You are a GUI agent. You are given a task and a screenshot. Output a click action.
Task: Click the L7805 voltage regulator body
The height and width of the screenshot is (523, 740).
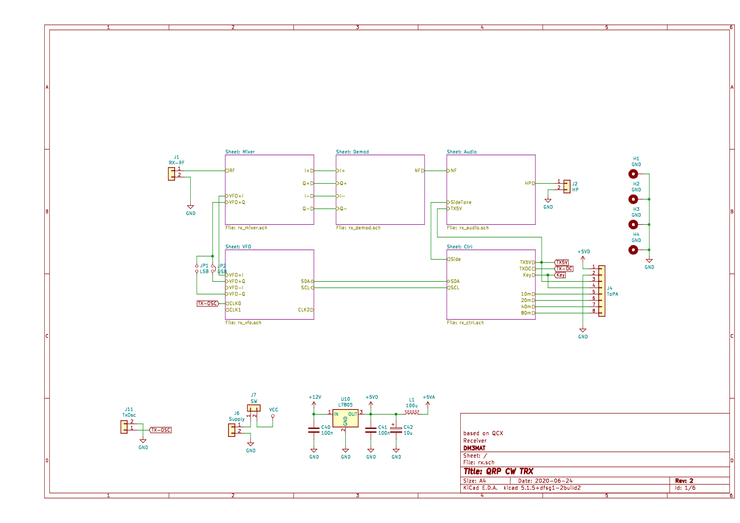[x=345, y=418]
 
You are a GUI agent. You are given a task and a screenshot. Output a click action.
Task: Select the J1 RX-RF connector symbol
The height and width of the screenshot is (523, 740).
[x=171, y=174]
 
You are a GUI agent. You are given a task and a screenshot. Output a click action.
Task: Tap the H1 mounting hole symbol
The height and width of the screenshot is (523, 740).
[x=633, y=174]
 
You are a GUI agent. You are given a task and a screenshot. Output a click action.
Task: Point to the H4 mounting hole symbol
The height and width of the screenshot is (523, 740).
[x=633, y=250]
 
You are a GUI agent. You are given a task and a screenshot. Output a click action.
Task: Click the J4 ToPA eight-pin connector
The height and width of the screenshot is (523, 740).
[x=602, y=291]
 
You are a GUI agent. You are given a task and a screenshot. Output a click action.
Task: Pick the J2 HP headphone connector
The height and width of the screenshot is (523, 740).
[x=567, y=186]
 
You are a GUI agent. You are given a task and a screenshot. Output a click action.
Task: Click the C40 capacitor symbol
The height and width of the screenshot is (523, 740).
[x=313, y=430]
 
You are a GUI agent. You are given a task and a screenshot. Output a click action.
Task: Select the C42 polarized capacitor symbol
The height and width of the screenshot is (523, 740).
[x=396, y=430]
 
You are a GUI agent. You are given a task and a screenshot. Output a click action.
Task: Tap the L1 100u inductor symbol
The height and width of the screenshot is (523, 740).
[x=412, y=412]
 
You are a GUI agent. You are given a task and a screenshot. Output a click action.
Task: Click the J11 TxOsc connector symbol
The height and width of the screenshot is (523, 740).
[x=124, y=427]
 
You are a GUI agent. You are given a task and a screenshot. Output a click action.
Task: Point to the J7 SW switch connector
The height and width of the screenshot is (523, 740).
[x=254, y=408]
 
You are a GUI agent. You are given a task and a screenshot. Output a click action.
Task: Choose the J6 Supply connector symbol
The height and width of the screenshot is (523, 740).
[x=232, y=430]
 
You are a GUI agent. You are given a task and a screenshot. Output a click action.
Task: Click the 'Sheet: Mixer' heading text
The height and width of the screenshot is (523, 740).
[x=240, y=152]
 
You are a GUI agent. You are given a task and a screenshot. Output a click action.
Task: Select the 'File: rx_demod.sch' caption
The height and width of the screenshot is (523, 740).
[x=358, y=228]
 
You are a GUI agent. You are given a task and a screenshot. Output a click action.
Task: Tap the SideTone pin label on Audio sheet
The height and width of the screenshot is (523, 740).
[x=461, y=202]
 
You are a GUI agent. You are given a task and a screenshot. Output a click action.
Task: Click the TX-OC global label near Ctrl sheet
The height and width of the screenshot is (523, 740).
[x=564, y=269]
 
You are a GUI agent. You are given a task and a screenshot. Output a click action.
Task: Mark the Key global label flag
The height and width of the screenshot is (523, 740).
[x=560, y=275]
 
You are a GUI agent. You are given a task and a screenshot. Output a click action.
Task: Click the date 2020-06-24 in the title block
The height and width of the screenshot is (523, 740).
[x=554, y=481]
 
